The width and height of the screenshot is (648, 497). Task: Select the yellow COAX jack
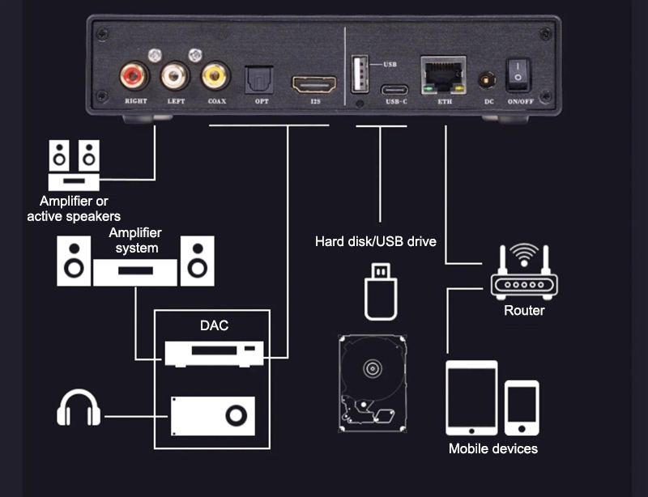point(215,77)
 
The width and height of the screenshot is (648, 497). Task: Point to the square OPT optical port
point(261,79)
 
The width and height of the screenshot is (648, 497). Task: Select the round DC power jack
point(488,80)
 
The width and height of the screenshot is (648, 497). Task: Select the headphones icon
point(79,409)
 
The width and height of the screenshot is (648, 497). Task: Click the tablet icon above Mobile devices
point(471,397)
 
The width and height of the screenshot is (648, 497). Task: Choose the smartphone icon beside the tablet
point(522,406)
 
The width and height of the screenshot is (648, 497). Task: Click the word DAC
point(214,326)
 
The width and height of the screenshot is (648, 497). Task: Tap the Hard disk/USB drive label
point(376,241)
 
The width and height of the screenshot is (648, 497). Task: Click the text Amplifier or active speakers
point(74,209)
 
